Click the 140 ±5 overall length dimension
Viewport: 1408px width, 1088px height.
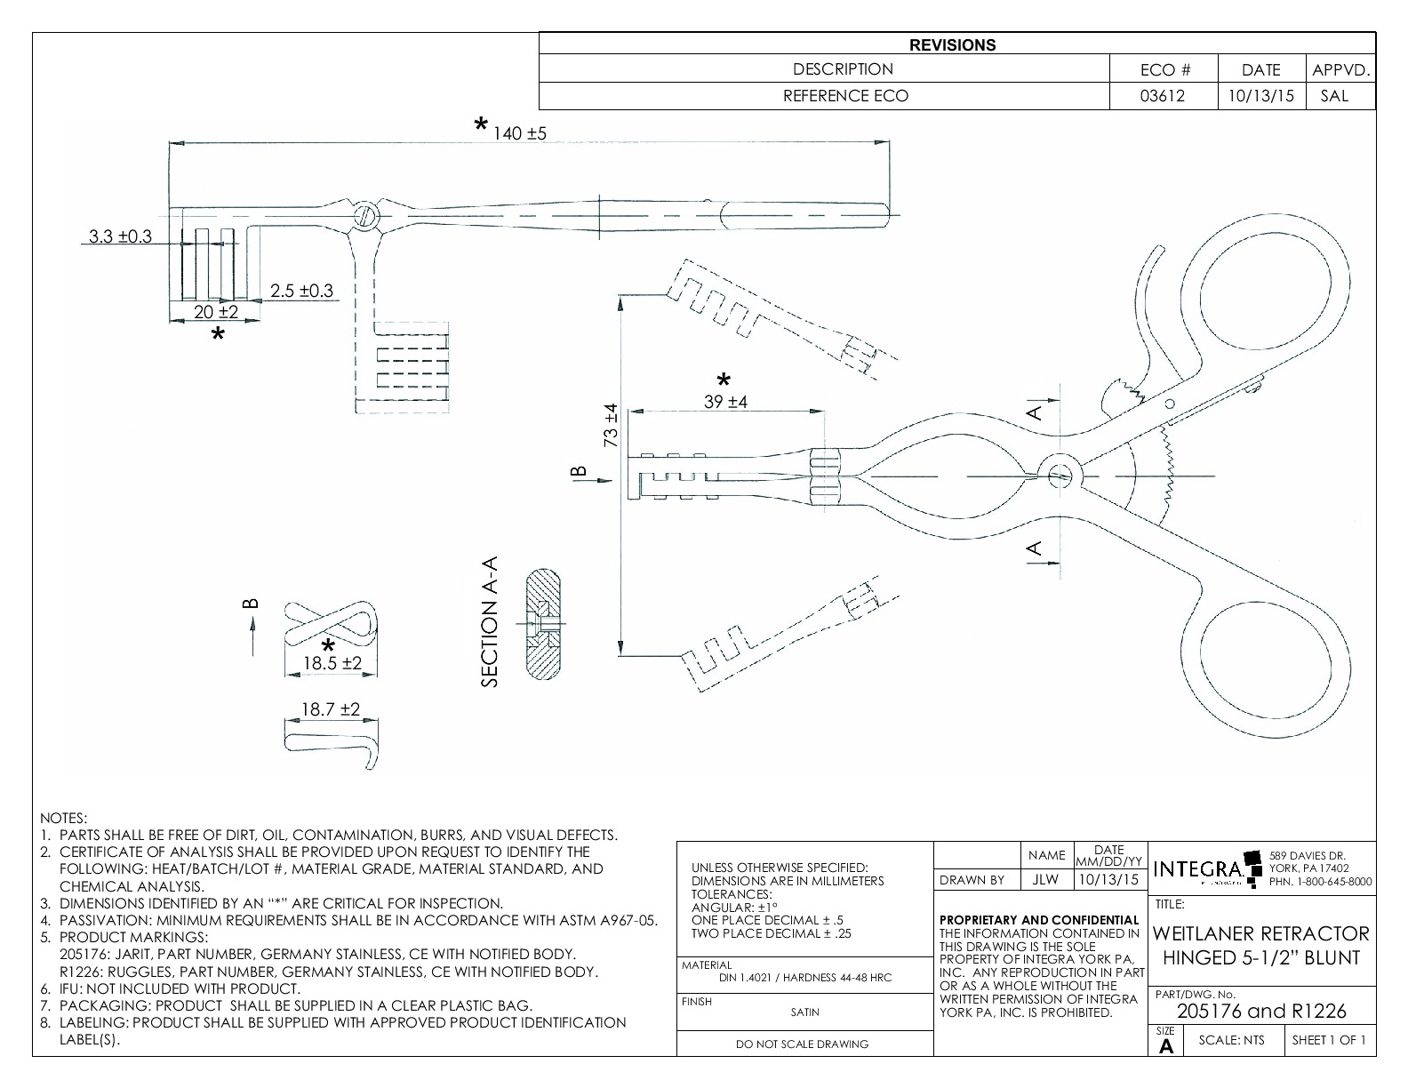pyautogui.click(x=520, y=133)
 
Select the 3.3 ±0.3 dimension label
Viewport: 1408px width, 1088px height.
pyautogui.click(x=120, y=236)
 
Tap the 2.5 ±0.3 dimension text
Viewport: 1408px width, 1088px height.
pyautogui.click(x=302, y=291)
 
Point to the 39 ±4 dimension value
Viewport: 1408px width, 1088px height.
pyautogui.click(x=725, y=401)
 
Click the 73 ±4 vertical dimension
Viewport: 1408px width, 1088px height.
pyautogui.click(x=611, y=426)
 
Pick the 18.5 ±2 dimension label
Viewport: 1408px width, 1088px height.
pyautogui.click(x=332, y=663)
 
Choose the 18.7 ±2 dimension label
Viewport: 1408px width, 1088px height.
pyautogui.click(x=330, y=708)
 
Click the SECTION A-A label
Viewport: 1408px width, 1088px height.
pyautogui.click(x=490, y=621)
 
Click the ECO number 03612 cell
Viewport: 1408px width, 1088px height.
pyautogui.click(x=1163, y=96)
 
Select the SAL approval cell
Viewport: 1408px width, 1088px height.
pyautogui.click(x=1334, y=96)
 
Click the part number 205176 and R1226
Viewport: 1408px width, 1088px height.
pyautogui.click(x=1261, y=1011)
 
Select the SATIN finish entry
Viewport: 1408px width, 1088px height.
pyautogui.click(x=804, y=1012)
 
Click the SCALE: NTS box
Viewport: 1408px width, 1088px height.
pyautogui.click(x=1233, y=1040)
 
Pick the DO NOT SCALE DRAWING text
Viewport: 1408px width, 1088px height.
pyautogui.click(x=803, y=1044)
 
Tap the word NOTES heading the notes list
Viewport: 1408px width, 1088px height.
pyautogui.click(x=64, y=817)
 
